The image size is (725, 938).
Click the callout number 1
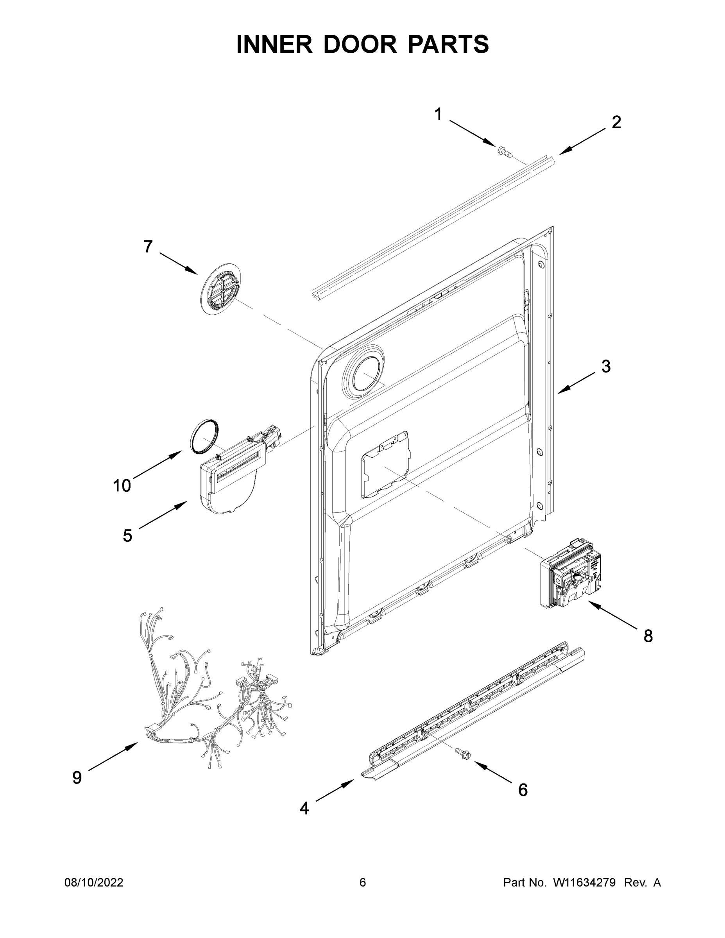pyautogui.click(x=438, y=114)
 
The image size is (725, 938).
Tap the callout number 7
pyautogui.click(x=148, y=247)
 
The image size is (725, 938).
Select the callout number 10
pyautogui.click(x=122, y=486)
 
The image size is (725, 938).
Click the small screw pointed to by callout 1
pyautogui.click(x=505, y=152)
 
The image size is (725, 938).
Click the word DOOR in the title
pyautogui.click(x=360, y=44)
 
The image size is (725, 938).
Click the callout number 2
pyautogui.click(x=616, y=122)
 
